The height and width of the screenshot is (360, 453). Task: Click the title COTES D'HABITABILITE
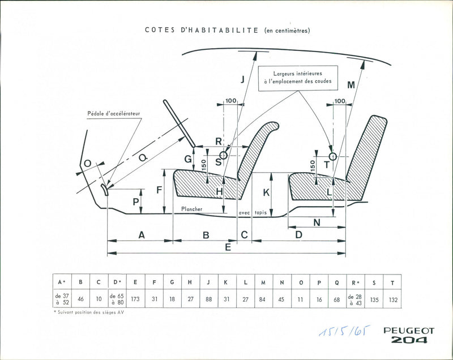(202, 31)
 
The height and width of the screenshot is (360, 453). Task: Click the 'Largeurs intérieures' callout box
(297, 78)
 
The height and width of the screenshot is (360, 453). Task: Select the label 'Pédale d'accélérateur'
(113, 113)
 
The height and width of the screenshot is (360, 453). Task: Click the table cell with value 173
(135, 299)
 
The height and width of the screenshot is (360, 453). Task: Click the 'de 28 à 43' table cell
(355, 299)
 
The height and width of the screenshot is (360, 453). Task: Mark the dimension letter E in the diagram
(228, 247)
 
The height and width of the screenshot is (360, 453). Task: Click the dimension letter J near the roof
(242, 79)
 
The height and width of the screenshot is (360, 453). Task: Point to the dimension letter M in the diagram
(351, 85)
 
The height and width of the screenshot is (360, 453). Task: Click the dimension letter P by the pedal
(135, 201)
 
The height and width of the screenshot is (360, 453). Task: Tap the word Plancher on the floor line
(192, 209)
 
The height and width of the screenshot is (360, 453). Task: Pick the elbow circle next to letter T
(332, 156)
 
